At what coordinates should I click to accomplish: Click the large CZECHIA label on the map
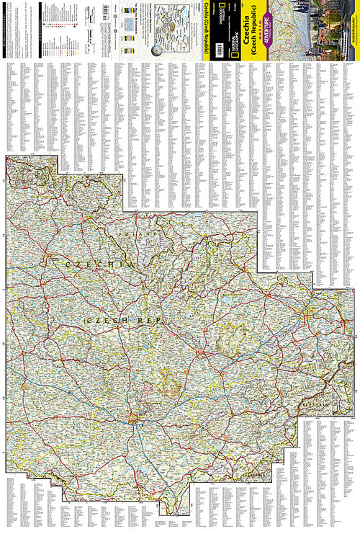coord(100,265)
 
